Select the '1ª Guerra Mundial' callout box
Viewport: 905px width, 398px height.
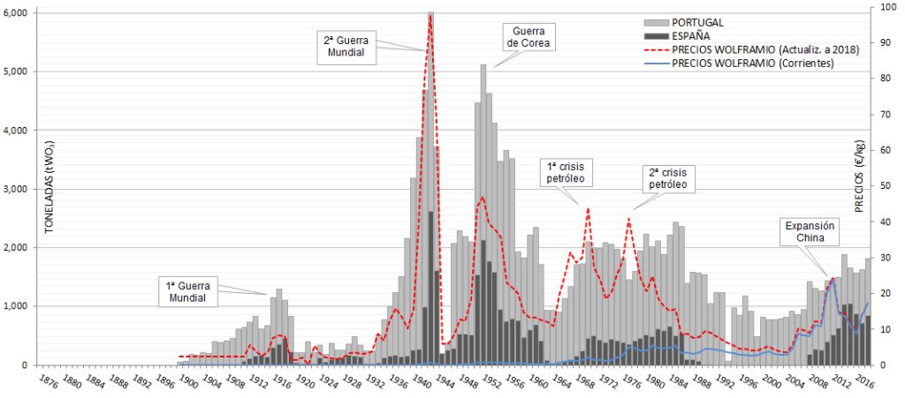192,291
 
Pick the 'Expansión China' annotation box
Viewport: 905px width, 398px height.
810,232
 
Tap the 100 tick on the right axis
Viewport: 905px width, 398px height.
875,7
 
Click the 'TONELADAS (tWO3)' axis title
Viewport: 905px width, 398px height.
49,186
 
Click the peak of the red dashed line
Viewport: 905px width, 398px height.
430,16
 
